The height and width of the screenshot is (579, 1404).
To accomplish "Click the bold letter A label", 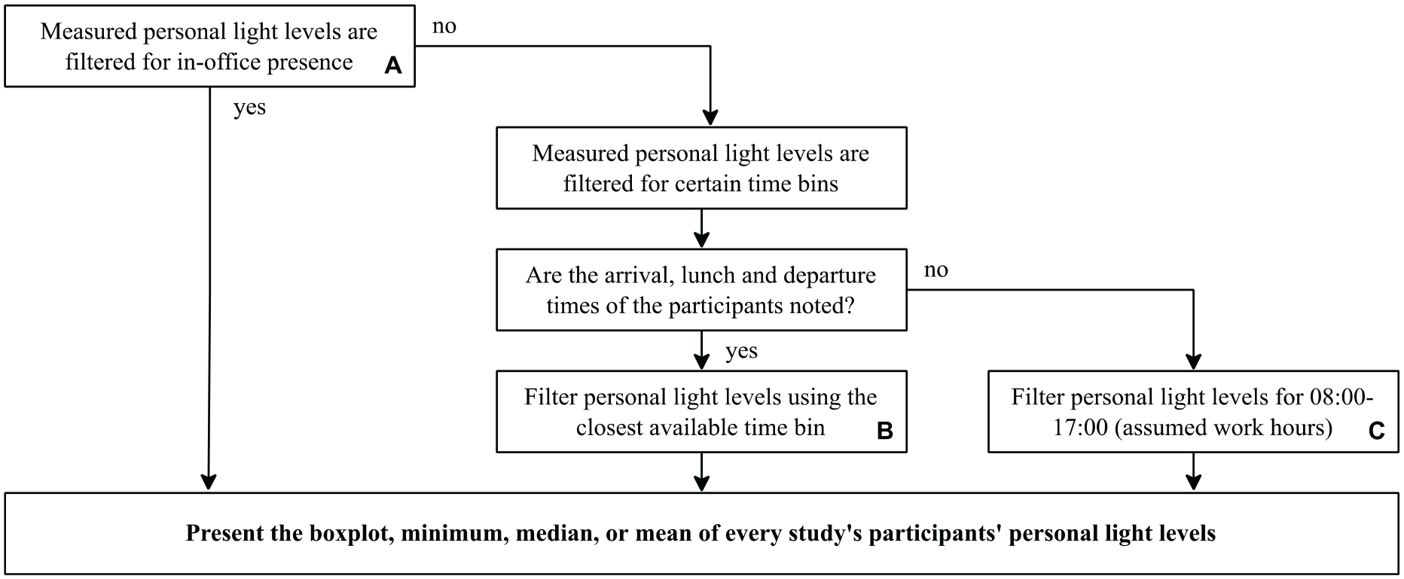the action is pyautogui.click(x=393, y=66).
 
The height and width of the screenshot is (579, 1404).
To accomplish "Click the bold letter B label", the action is pyautogui.click(x=885, y=431).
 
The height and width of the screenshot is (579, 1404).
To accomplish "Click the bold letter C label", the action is pyautogui.click(x=1376, y=431).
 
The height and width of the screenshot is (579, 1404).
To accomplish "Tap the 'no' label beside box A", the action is pyautogui.click(x=444, y=27).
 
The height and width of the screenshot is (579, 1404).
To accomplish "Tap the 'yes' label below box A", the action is pyautogui.click(x=249, y=108).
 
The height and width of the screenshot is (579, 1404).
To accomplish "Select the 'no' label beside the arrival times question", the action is pyautogui.click(x=936, y=270).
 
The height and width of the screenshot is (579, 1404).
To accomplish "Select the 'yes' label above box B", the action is pyautogui.click(x=741, y=352).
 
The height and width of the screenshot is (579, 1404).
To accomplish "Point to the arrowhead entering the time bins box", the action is pyautogui.click(x=710, y=117).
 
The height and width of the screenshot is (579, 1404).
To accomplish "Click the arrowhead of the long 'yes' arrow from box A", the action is pyautogui.click(x=209, y=482).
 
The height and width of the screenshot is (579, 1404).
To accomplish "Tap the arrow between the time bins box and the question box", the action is pyautogui.click(x=701, y=228).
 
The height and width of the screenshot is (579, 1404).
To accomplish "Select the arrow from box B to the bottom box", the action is pyautogui.click(x=701, y=471).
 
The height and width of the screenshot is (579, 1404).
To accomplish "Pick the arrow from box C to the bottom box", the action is pyautogui.click(x=1193, y=471).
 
